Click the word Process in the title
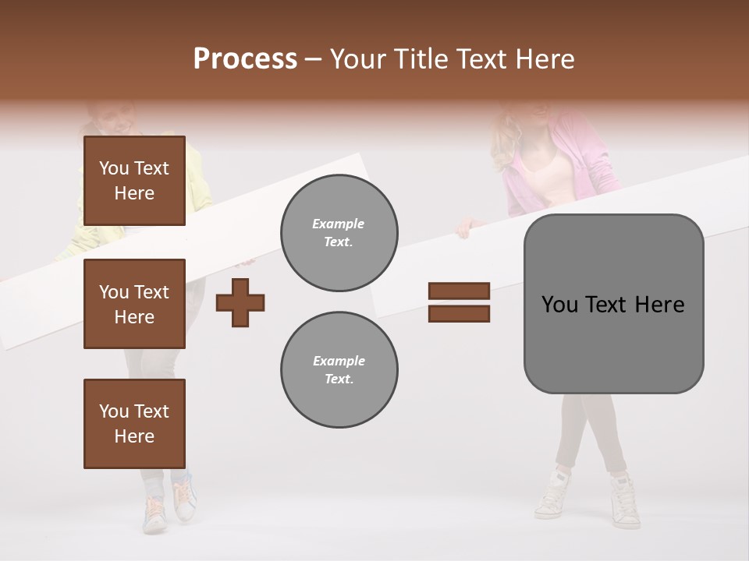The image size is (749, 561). (245, 59)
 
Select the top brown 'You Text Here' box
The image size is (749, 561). (134, 181)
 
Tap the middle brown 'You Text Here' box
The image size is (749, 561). (134, 304)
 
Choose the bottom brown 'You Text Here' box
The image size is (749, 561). (134, 423)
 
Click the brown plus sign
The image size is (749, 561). (240, 302)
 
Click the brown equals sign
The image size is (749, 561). (459, 302)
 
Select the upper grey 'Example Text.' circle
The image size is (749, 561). (339, 233)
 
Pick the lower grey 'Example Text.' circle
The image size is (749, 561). (339, 370)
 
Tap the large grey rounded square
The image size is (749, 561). (613, 304)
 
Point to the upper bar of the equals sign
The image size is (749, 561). (459, 291)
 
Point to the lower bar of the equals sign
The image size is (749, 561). (459, 314)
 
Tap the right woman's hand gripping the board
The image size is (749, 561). (467, 228)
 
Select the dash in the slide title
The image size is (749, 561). (314, 59)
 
